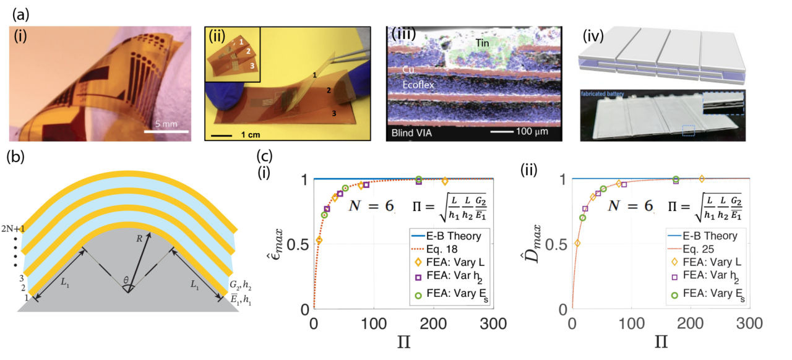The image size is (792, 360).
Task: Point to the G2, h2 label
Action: [x=238, y=285]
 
